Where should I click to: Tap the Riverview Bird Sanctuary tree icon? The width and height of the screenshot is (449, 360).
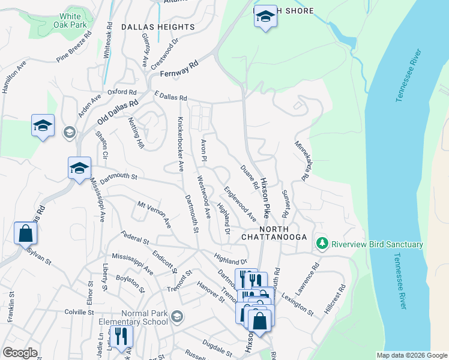(x=322, y=244)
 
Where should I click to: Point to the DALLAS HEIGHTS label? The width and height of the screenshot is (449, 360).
(x=158, y=27)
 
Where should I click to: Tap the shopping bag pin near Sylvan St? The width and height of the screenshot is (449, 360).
(x=26, y=233)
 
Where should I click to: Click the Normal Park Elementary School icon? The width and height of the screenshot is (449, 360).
(x=176, y=316)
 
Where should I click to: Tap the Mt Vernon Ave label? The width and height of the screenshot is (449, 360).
(x=155, y=215)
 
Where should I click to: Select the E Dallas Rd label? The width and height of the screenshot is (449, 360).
(x=171, y=97)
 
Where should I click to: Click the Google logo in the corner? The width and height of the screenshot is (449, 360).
(x=19, y=353)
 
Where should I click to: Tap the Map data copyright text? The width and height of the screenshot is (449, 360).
(x=411, y=355)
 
